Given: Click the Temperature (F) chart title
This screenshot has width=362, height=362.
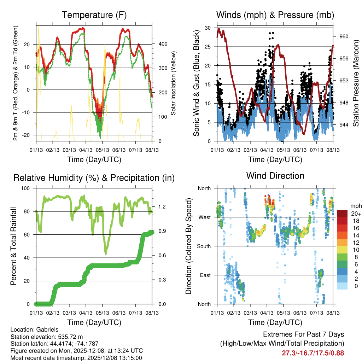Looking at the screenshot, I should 94,15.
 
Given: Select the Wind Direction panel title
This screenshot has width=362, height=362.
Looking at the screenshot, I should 275,175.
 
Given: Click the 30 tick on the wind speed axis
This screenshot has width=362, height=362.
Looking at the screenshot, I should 208,28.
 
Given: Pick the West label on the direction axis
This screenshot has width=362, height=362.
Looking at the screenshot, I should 204,217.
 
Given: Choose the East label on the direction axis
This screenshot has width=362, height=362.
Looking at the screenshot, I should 205,275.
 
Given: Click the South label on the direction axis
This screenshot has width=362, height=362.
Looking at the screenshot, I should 204,246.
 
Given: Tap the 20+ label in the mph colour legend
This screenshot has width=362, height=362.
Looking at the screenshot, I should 355,214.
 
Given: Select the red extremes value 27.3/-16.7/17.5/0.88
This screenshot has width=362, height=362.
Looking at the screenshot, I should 313,353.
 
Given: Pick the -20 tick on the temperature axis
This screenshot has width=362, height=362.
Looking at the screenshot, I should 28,135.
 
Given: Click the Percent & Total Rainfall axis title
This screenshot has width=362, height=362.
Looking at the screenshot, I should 13,246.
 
